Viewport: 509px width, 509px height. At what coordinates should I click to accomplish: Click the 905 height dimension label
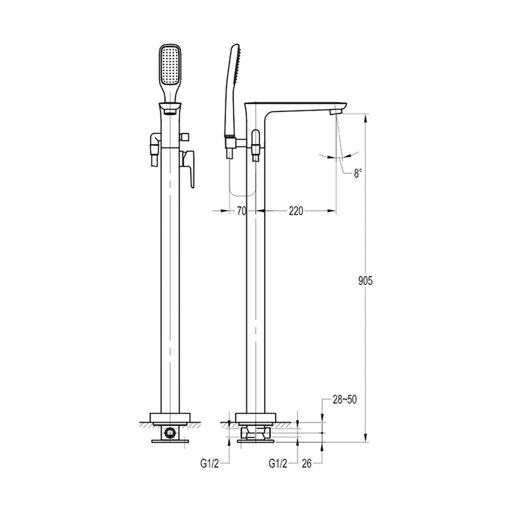[x=364, y=281]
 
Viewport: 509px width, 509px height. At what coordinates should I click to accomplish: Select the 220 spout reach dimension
[x=296, y=211]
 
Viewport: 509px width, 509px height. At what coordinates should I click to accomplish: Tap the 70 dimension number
[x=242, y=211]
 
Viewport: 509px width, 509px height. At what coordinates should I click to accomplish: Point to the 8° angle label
[x=357, y=172]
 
